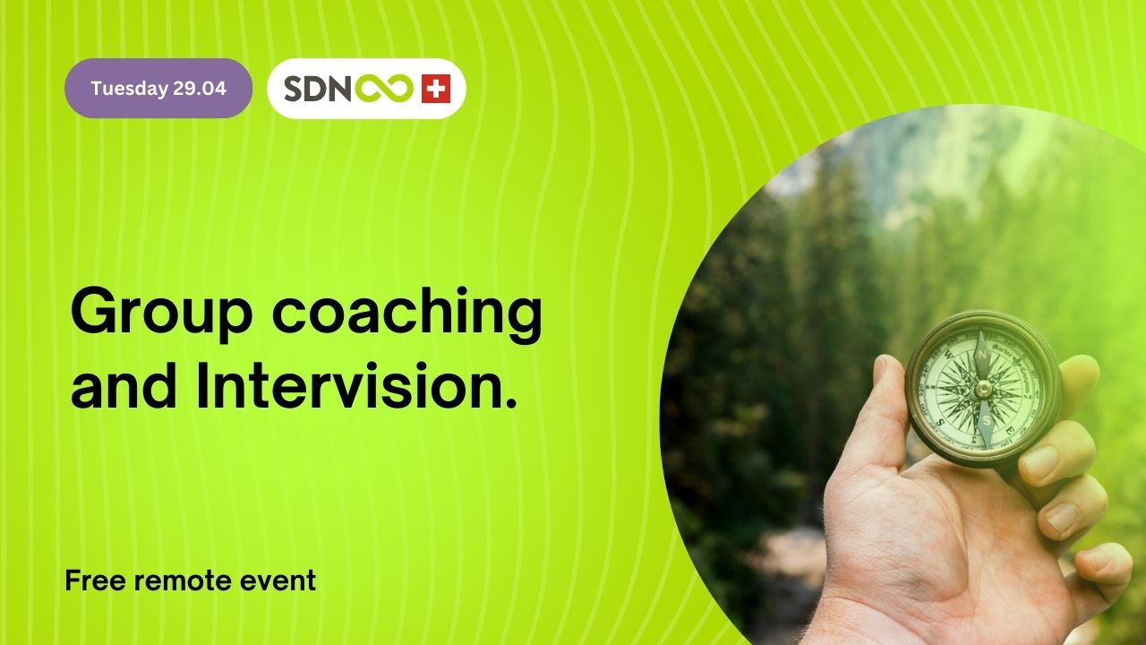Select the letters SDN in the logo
coord(316,89)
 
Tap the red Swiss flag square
coord(435,89)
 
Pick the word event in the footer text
coord(278,580)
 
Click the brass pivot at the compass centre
coord(982,387)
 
